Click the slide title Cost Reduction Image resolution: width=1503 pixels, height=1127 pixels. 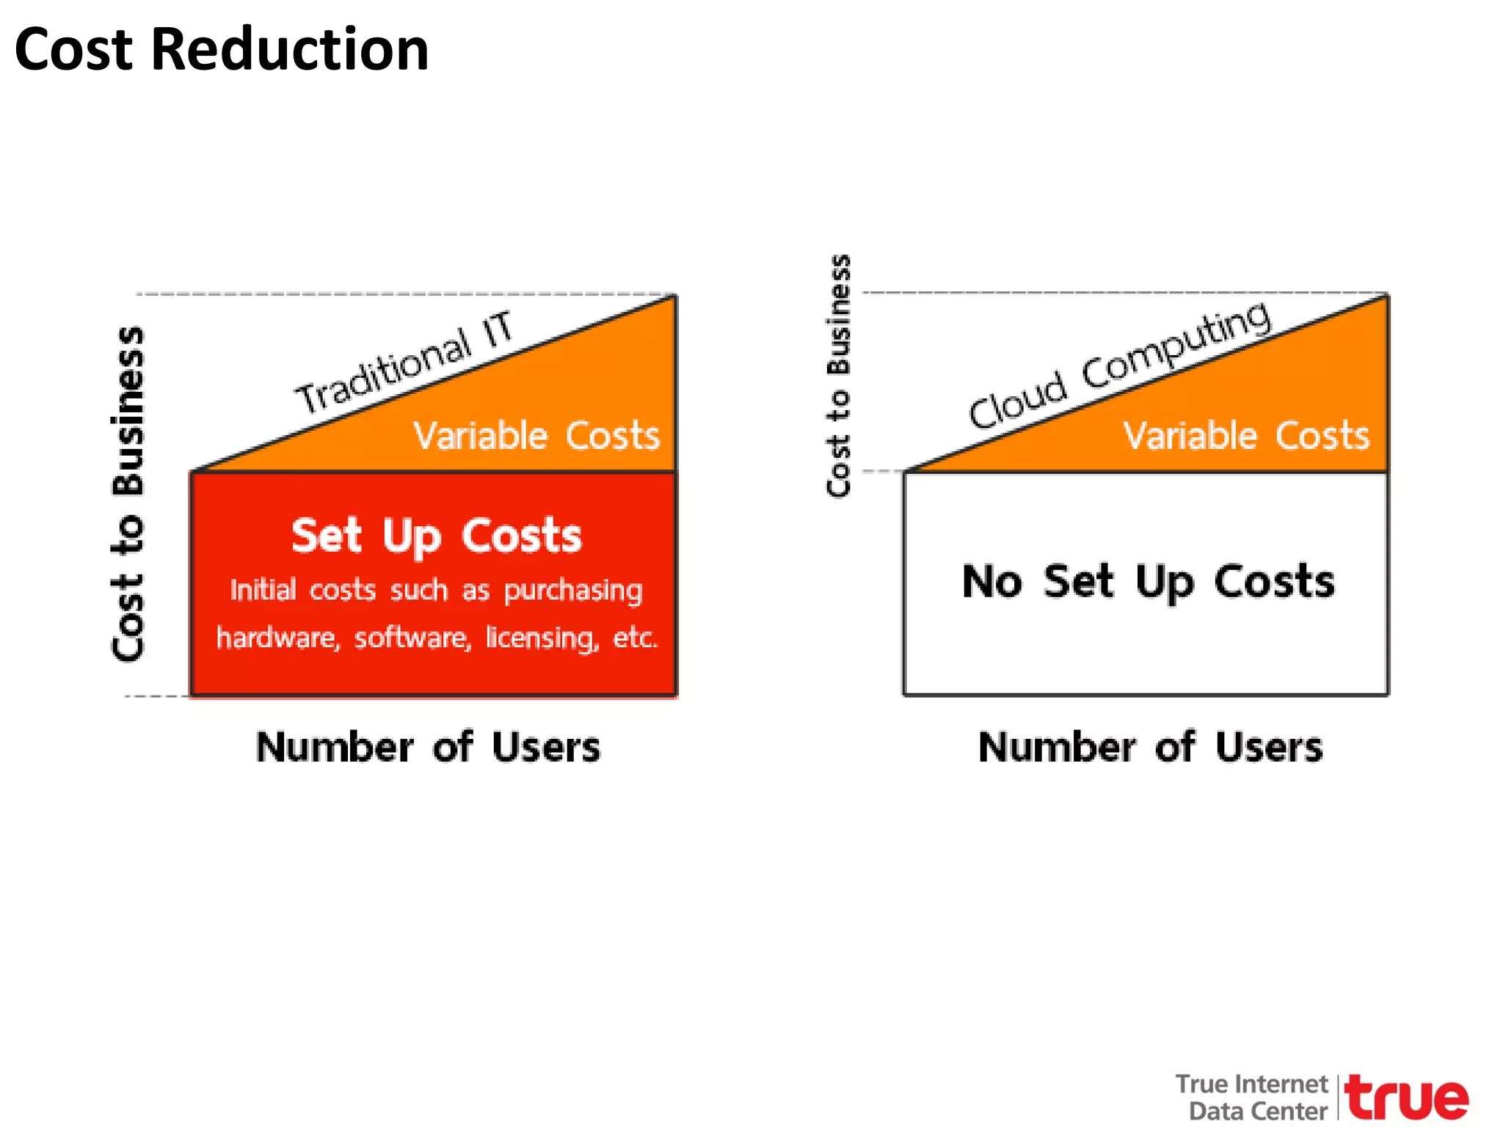click(221, 50)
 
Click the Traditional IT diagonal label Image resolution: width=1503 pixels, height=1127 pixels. click(404, 362)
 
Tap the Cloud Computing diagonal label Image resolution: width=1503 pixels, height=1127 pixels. click(1119, 365)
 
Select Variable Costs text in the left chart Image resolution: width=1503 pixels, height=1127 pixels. click(536, 436)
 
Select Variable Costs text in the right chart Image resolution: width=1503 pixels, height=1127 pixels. click(1246, 436)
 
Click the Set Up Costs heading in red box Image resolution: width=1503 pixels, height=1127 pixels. click(436, 536)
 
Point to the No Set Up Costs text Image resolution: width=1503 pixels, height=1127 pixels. click(1148, 582)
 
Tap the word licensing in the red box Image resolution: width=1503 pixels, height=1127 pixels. click(542, 638)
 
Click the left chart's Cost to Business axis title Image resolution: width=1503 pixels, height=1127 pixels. click(128, 493)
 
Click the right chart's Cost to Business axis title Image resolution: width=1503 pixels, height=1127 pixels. click(839, 376)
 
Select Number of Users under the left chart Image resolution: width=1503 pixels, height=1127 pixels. click(428, 748)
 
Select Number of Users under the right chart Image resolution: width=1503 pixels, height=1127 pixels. click(1150, 748)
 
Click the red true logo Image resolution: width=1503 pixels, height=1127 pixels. click(1406, 1098)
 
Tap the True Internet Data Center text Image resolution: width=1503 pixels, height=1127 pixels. click(1252, 1097)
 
